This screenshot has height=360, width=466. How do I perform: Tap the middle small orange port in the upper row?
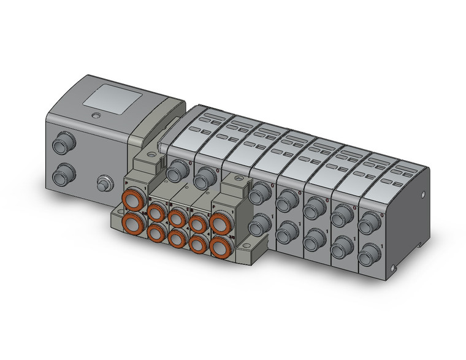click(177, 216)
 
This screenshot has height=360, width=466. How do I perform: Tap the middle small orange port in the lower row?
click(177, 237)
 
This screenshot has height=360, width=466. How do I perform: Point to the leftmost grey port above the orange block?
click(178, 169)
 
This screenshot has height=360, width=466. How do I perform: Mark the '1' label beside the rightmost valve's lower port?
click(382, 246)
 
